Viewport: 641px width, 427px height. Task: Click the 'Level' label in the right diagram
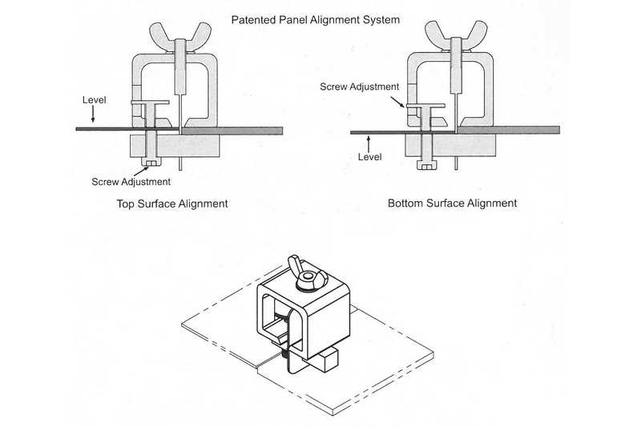click(369, 157)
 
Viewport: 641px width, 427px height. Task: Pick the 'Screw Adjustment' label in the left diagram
click(131, 182)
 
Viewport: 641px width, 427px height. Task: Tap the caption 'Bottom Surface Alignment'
click(453, 203)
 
